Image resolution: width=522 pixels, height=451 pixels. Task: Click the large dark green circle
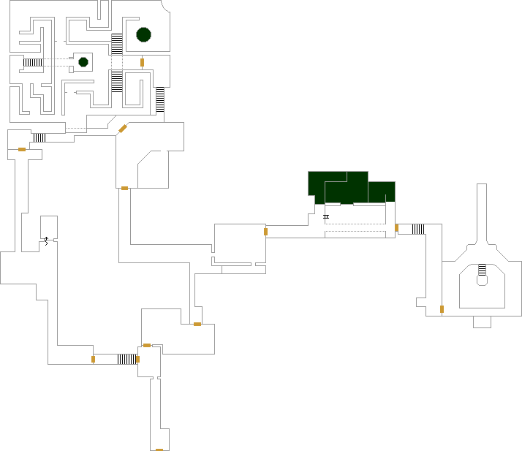pyautogui.click(x=143, y=34)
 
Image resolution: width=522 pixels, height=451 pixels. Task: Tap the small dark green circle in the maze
pyautogui.click(x=83, y=62)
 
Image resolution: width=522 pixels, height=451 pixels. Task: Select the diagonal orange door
pyautogui.click(x=123, y=129)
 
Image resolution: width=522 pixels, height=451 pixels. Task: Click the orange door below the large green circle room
pyautogui.click(x=142, y=62)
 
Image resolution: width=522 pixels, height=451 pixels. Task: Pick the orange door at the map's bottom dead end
pyautogui.click(x=159, y=450)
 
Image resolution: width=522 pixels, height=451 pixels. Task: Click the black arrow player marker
pyautogui.click(x=46, y=240)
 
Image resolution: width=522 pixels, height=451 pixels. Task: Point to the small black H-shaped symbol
pyautogui.click(x=326, y=216)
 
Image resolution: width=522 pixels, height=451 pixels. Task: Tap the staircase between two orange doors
pyautogui.click(x=126, y=359)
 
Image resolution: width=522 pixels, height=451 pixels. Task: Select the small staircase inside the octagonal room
pyautogui.click(x=482, y=274)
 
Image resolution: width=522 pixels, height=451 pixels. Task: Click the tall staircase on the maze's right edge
pyautogui.click(x=159, y=100)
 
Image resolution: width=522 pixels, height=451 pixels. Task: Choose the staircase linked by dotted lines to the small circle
pyautogui.click(x=33, y=62)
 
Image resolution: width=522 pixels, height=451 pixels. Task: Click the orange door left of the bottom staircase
pyautogui.click(x=93, y=359)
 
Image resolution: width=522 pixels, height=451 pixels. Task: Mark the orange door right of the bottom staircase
pyautogui.click(x=137, y=359)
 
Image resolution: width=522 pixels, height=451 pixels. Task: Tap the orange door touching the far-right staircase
pyautogui.click(x=396, y=228)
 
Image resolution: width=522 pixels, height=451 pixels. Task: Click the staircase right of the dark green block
pyautogui.click(x=418, y=229)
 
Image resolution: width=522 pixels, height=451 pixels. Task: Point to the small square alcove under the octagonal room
pyautogui.click(x=482, y=322)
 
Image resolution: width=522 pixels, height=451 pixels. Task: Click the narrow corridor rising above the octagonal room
pyautogui.click(x=482, y=212)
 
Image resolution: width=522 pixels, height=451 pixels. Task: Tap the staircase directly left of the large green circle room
pyautogui.click(x=117, y=44)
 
